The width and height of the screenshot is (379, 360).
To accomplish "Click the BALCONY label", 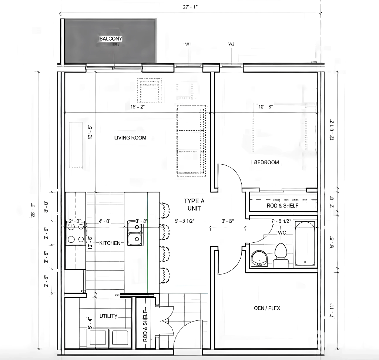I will pyautogui.click(x=111, y=38).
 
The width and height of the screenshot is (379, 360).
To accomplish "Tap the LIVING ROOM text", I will pyautogui.click(x=130, y=138).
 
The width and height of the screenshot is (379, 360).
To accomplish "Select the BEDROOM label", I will pyautogui.click(x=266, y=162).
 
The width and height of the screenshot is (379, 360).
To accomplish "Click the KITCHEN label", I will pyautogui.click(x=110, y=243).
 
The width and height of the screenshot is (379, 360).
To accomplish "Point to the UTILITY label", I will pyautogui.click(x=108, y=316).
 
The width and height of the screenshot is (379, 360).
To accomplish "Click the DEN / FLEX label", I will pyautogui.click(x=267, y=308).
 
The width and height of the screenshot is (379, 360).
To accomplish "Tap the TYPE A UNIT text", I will pyautogui.click(x=194, y=205).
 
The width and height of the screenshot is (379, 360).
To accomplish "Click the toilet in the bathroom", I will pyautogui.click(x=281, y=255).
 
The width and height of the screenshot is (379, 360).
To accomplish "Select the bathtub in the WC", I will pyautogui.click(x=305, y=243).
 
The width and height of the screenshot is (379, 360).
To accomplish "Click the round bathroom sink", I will pyautogui.click(x=260, y=258).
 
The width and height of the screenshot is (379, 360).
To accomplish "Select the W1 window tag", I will pyautogui.click(x=188, y=44).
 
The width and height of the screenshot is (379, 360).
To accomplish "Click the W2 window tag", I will pyautogui.click(x=231, y=44).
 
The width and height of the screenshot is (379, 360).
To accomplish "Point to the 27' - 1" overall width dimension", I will pyautogui.click(x=188, y=6).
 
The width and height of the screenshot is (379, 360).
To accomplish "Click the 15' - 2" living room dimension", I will pyautogui.click(x=137, y=107).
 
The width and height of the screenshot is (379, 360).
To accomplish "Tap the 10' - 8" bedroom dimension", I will pyautogui.click(x=265, y=107).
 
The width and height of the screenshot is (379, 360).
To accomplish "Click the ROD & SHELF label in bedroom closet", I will pyautogui.click(x=282, y=205).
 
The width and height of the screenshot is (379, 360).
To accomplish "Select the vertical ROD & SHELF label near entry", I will pyautogui.click(x=145, y=324).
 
